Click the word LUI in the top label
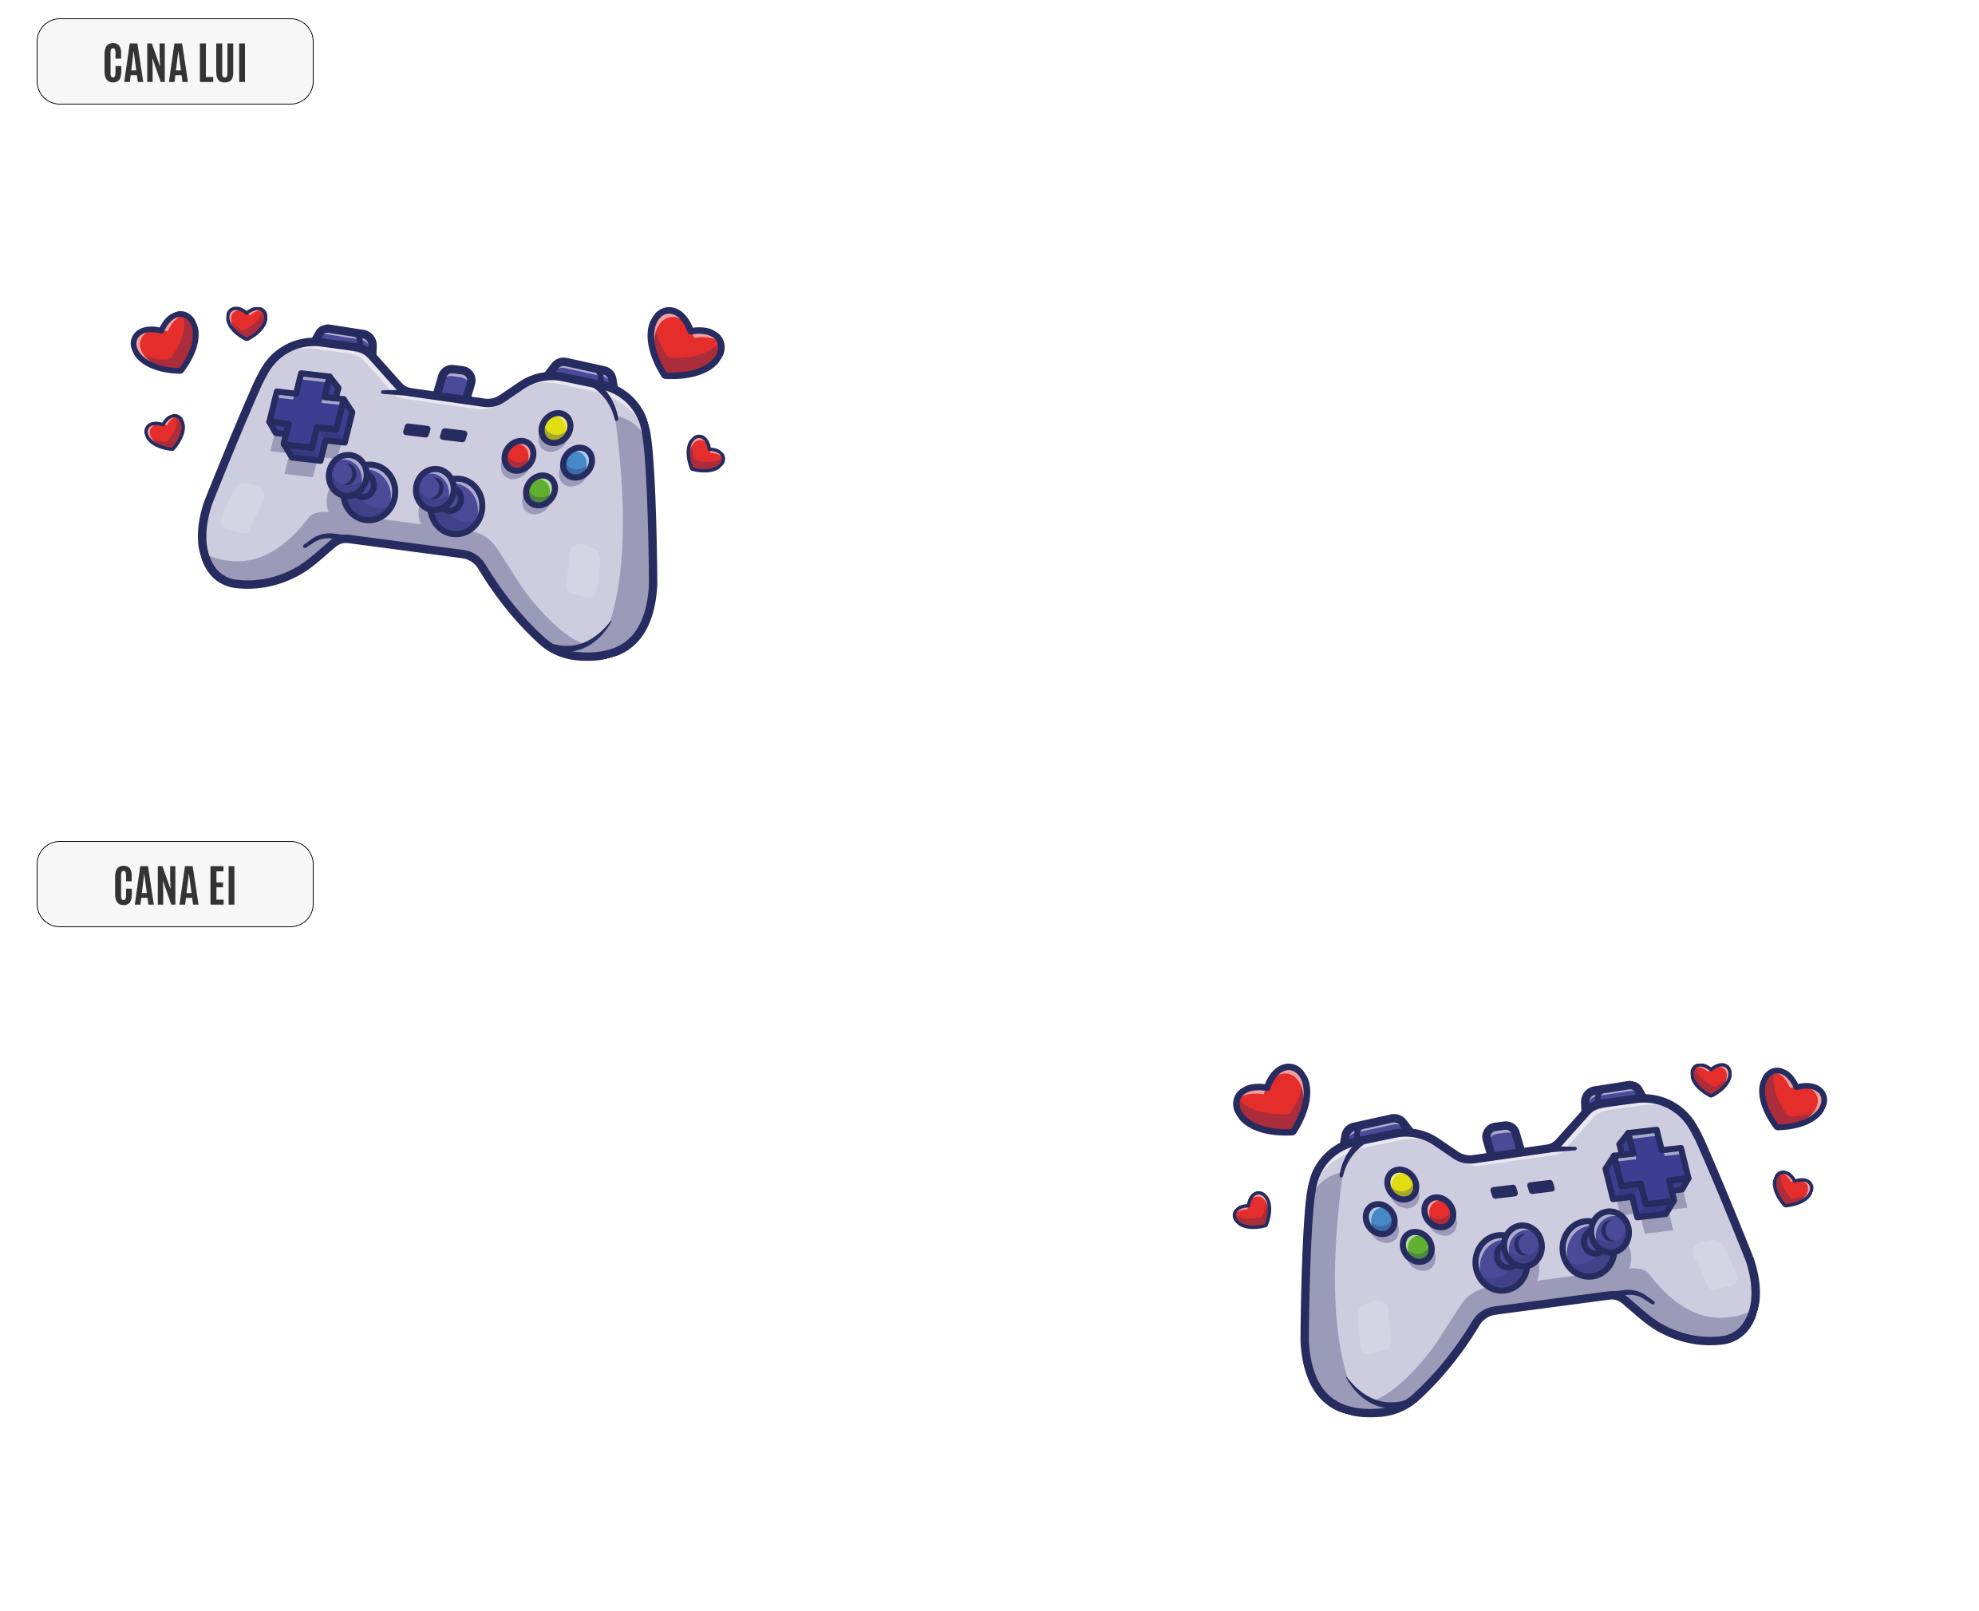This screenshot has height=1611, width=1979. (x=222, y=64)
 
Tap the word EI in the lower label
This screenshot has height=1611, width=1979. (x=222, y=886)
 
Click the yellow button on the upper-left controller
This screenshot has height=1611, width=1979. (x=555, y=428)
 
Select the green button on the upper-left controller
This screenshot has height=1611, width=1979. (x=539, y=489)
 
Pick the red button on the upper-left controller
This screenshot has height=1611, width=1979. (x=518, y=456)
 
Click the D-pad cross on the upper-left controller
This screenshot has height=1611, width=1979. (x=309, y=415)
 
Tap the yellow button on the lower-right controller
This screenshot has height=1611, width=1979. (x=1400, y=1184)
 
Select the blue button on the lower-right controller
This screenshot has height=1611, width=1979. (x=1380, y=1218)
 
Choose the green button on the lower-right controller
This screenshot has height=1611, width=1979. (x=1416, y=1246)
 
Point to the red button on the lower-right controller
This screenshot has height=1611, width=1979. (x=1438, y=1212)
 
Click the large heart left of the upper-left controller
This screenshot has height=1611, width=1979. (x=165, y=342)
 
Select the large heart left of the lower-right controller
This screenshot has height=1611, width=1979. (x=1270, y=1100)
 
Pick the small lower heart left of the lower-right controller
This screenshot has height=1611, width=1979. (x=1252, y=1211)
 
